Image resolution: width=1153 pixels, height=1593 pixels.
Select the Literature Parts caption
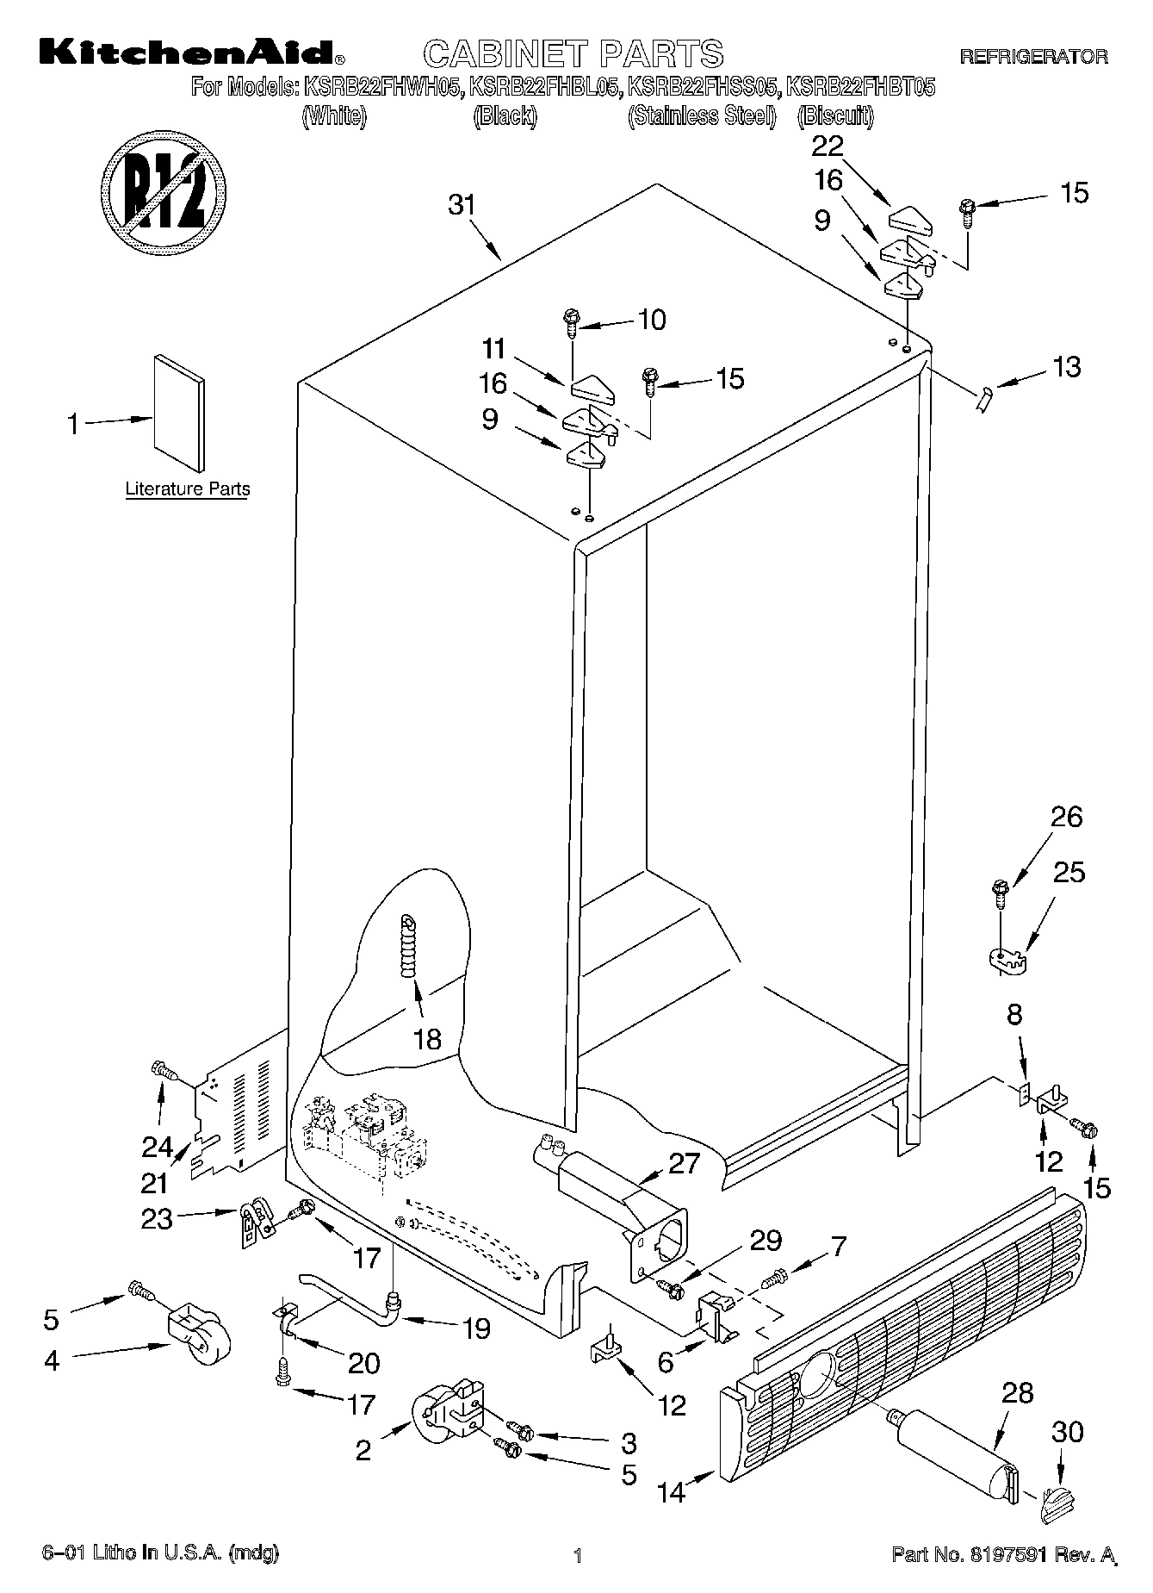tap(187, 488)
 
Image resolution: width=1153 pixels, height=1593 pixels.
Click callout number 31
tap(462, 206)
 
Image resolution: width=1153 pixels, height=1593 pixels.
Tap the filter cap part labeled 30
tap(1060, 1503)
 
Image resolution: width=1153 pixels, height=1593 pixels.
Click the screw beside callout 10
tap(571, 321)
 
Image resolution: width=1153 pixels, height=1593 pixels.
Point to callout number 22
tap(828, 146)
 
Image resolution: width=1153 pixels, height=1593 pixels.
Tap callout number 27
tap(684, 1163)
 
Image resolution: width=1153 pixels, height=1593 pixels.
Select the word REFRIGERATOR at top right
tap(1033, 57)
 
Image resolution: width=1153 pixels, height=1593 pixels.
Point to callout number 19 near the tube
tap(474, 1328)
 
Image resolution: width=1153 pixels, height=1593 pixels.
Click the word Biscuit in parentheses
tap(835, 116)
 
